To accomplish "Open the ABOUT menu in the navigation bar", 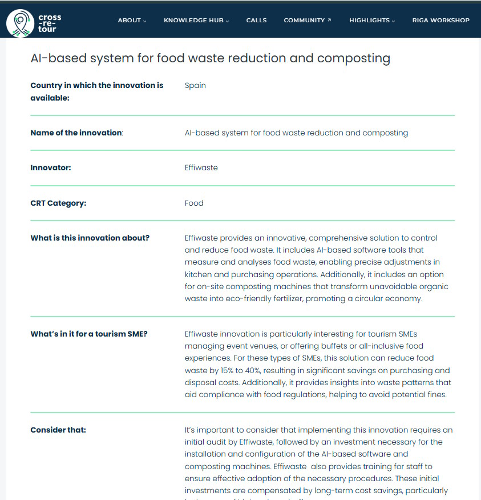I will pos(132,21).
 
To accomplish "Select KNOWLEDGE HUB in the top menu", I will pos(196,21).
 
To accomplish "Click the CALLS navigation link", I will pos(256,21).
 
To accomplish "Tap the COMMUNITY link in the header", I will pos(307,21).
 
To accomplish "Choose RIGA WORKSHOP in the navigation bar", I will pos(440,21).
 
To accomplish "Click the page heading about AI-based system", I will pos(210,58).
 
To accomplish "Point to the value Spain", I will pos(195,86).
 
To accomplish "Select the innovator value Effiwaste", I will pos(201,168).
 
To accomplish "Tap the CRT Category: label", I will pos(58,203).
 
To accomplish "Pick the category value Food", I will pos(194,203).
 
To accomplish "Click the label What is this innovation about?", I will pos(90,238).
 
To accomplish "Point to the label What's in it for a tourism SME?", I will pos(88,334).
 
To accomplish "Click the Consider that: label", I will pos(58,430).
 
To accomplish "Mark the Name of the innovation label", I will pos(76,133).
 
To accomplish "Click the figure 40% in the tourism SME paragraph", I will pos(255,370).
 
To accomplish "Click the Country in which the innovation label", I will pos(96,86).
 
